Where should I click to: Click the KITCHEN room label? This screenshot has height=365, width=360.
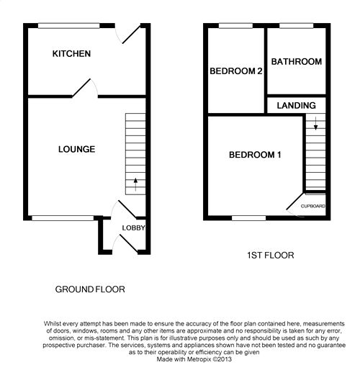pos(71,53)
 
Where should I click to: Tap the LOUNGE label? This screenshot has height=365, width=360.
pos(76,149)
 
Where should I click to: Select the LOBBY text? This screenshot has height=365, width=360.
pos(133,227)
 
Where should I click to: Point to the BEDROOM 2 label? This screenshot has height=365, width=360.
pos(236,71)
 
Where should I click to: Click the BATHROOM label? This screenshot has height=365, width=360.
pos(297,62)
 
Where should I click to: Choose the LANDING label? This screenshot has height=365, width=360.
pos(296,105)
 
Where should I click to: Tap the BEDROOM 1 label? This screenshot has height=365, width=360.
pos(255,155)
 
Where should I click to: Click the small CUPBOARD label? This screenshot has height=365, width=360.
pos(313,206)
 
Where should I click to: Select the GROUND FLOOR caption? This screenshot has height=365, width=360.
pos(90,289)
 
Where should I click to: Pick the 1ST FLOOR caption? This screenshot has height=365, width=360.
pos(271,256)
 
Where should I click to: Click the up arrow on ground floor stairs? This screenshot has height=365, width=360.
pos(135,184)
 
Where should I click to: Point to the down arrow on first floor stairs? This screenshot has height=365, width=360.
pos(316,123)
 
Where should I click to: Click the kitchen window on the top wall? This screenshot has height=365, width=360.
pos(68,26)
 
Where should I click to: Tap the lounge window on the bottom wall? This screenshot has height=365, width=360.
pos(63,218)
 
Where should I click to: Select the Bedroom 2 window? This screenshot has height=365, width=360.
pos(235,26)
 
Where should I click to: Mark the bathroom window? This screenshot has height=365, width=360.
pos(297,26)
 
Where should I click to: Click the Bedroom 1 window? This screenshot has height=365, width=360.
pos(249,218)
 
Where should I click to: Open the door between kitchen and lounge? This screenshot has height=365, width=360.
pos(81,88)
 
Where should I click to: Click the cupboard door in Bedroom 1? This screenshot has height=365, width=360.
pos(294,201)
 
